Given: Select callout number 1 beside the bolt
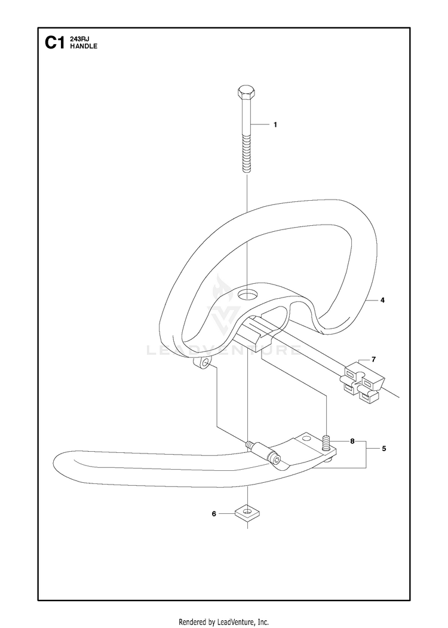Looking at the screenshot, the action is point(275,124).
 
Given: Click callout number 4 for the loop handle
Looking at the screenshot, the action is point(382,300).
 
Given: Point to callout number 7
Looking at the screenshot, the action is point(373,359).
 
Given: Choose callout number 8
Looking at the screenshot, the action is point(352,442).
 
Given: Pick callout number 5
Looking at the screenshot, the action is point(384,449).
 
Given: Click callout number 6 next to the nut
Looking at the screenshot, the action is point(214,513).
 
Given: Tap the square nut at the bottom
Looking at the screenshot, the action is point(247,512).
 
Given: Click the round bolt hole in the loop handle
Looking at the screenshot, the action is point(247,296).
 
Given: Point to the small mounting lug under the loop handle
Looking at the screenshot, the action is point(202,364).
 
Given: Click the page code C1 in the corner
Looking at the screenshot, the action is point(54,43).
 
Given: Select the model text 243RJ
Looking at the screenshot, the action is point(79,39).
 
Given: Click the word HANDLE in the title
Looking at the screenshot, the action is point(83,46).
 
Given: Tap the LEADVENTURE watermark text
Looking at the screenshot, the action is point(224,351).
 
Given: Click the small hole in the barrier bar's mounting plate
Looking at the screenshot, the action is point(306,438).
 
